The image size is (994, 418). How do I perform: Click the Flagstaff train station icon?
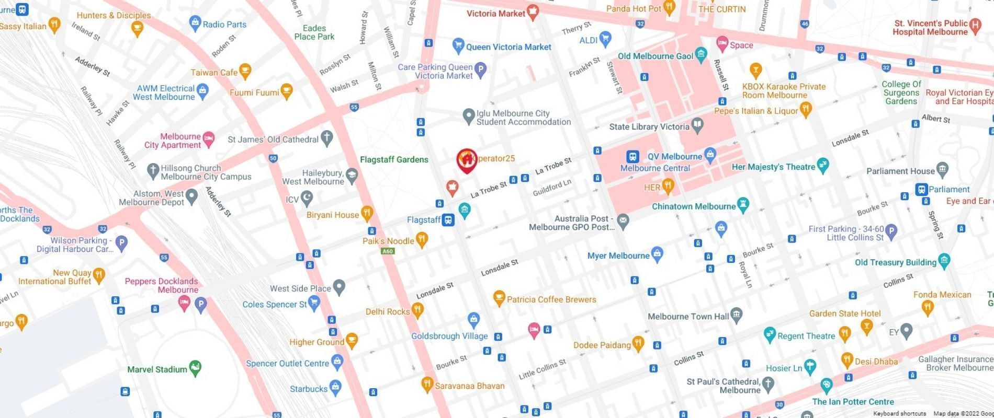point(448,220)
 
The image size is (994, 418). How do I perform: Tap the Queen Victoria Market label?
point(508,47)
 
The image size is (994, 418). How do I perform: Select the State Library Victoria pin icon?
point(697,125)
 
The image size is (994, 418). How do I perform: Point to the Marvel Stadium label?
point(157,369)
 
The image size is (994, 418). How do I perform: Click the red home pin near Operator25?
point(466,160)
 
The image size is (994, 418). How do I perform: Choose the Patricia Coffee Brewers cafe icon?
point(499,298)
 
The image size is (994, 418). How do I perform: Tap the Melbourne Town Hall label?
point(688,317)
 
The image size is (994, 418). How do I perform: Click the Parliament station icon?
point(921,189)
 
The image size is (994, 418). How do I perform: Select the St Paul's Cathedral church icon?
point(768,385)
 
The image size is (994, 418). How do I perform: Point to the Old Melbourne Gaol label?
point(655,56)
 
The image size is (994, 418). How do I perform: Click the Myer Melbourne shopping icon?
point(657,254)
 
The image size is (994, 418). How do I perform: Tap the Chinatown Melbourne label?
point(693,206)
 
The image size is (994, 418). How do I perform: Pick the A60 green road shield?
point(387,251)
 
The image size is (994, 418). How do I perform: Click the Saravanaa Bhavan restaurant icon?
point(427,385)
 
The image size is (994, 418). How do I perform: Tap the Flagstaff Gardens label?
point(394,160)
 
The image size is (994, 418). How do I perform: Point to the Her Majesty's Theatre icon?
point(822,166)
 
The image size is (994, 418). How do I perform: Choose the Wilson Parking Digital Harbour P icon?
point(121,242)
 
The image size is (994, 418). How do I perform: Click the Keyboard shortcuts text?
point(899,414)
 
